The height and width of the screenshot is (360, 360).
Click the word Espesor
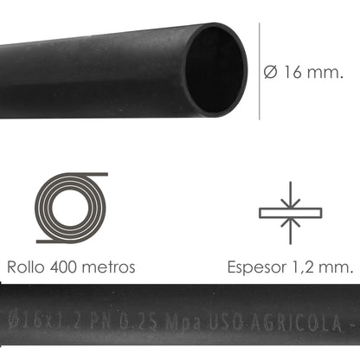pos(254,267)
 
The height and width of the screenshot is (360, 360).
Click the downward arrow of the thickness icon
pos(290,195)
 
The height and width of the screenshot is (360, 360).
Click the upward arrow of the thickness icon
pos(290,224)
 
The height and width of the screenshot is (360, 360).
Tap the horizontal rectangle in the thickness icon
pos(290,210)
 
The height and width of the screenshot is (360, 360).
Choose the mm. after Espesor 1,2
pos(337,267)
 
